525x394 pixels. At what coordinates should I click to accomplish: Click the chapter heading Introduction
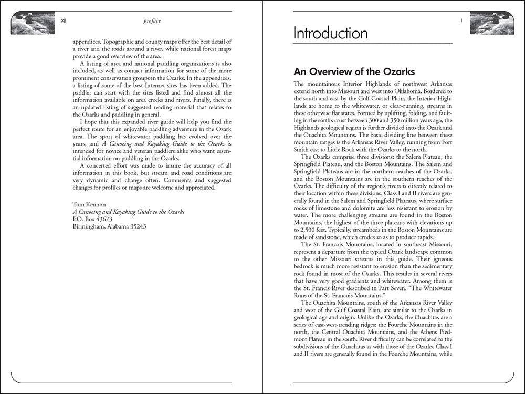(x=330, y=34)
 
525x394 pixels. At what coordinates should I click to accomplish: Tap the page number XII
(x=64, y=21)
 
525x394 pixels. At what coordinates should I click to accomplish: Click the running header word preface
(x=152, y=21)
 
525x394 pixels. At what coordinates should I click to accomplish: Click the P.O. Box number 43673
(x=103, y=219)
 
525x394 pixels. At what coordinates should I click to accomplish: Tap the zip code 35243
(x=135, y=227)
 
